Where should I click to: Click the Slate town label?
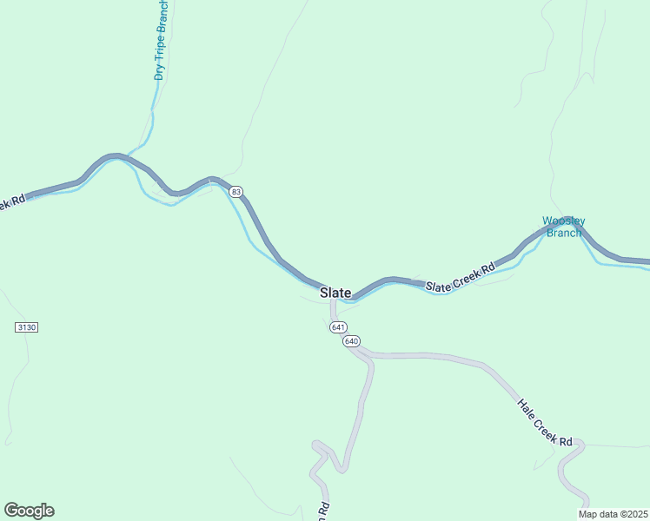pyautogui.click(x=335, y=293)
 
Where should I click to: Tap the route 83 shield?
pyautogui.click(x=236, y=191)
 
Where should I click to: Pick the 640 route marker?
pyautogui.click(x=351, y=341)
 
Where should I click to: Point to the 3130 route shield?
pyautogui.click(x=27, y=327)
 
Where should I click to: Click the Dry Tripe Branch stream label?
pyautogui.click(x=161, y=41)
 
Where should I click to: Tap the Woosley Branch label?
pyautogui.click(x=564, y=227)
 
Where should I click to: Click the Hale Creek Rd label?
pyautogui.click(x=545, y=423)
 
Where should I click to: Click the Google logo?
pyautogui.click(x=29, y=511)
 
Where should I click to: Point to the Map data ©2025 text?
pyautogui.click(x=613, y=514)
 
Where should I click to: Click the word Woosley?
pyautogui.click(x=564, y=221)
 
